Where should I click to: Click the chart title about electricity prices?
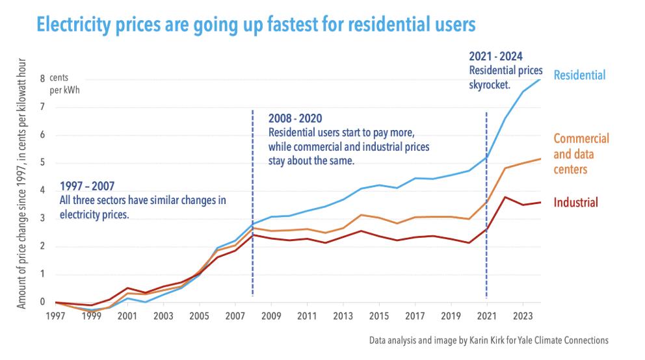256,25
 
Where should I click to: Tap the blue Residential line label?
579,75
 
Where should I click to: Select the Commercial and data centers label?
581,153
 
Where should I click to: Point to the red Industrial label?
575,203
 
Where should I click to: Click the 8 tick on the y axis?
42,79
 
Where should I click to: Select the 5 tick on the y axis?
42,163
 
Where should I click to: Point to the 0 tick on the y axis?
42,302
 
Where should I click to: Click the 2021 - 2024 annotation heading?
495,56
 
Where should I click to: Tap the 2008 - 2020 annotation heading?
295,119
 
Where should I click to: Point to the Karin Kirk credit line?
489,340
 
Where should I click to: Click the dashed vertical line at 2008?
252,260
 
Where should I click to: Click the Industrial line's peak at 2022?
505,197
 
